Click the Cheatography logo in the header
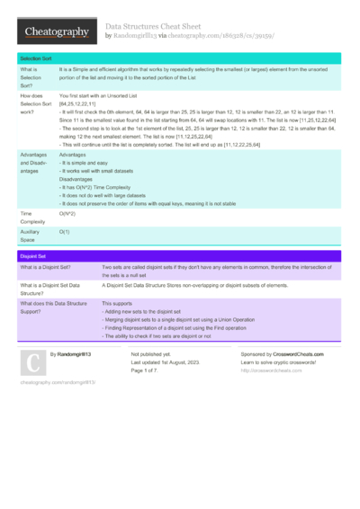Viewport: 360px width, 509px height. pyautogui.click(x=55, y=31)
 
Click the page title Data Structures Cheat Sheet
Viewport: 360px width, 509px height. pyautogui.click(x=154, y=27)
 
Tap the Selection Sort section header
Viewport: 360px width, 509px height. pyautogui.click(x=37, y=57)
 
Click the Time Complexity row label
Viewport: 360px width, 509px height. pyautogui.click(x=32, y=217)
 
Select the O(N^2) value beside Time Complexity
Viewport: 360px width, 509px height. pyautogui.click(x=67, y=213)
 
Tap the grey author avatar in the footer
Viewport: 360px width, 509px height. pyautogui.click(x=31, y=362)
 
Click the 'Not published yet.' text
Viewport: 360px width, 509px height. pyautogui.click(x=148, y=354)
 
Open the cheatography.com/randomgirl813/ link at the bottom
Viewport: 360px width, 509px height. pyautogui.click(x=58, y=382)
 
